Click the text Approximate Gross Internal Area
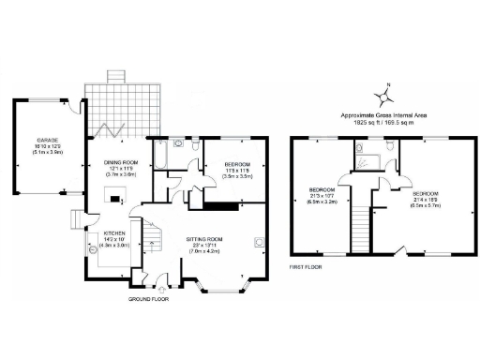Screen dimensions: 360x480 tap(384, 114)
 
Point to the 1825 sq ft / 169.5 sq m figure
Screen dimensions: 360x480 tap(384, 122)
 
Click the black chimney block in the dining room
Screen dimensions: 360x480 tap(113, 197)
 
